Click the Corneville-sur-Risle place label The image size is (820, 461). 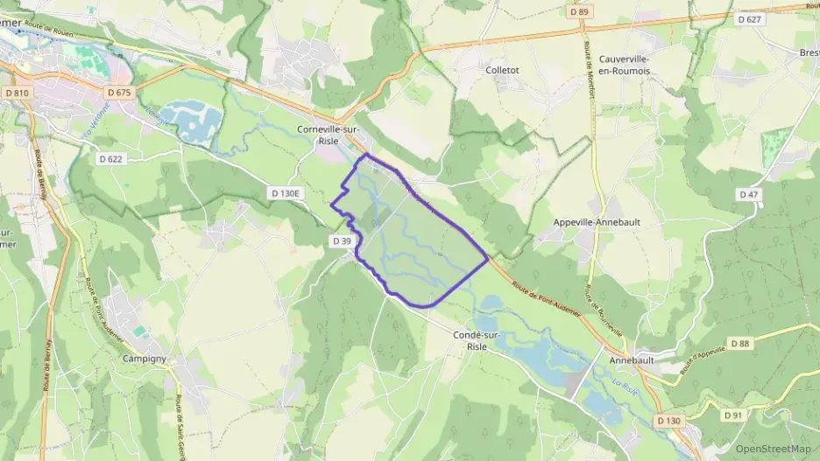coord(329,135)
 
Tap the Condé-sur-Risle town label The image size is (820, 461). coord(477,339)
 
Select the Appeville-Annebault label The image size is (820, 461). coord(597,222)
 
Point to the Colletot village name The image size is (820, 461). coord(502,70)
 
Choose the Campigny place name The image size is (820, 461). coord(145,359)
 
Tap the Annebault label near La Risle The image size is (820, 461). coord(631,360)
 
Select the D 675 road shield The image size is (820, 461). coord(118,92)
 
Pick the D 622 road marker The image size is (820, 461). coord(110,159)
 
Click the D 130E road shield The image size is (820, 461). coord(285,192)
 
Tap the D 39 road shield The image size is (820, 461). coord(342,241)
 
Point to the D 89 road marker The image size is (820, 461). coord(578,12)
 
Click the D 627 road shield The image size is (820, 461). coord(750,18)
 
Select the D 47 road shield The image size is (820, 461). coord(748,194)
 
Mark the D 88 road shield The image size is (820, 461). coord(739,344)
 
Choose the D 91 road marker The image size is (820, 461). coord(733,415)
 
